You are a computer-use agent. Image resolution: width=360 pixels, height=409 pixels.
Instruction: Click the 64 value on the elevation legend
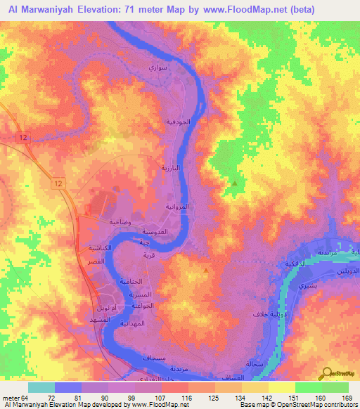click(x=25, y=398)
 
